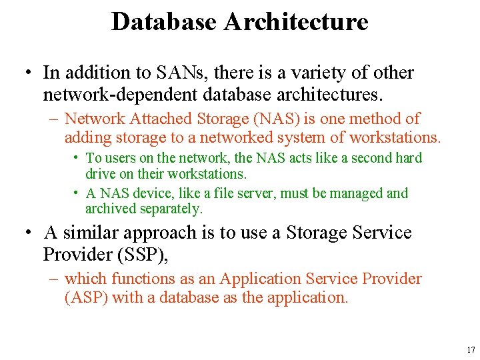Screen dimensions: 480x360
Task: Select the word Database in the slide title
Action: pyautogui.click(x=164, y=21)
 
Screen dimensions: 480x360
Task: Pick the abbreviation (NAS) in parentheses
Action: pyautogui.click(x=273, y=119)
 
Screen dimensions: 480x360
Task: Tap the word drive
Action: pyautogui.click(x=99, y=173)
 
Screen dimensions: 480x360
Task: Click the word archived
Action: pyautogui.click(x=111, y=209)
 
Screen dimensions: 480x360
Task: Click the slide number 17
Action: pyautogui.click(x=471, y=350)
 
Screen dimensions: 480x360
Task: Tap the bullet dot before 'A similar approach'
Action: pyautogui.click(x=28, y=233)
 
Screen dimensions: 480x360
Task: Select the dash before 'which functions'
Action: pyautogui.click(x=53, y=279)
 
